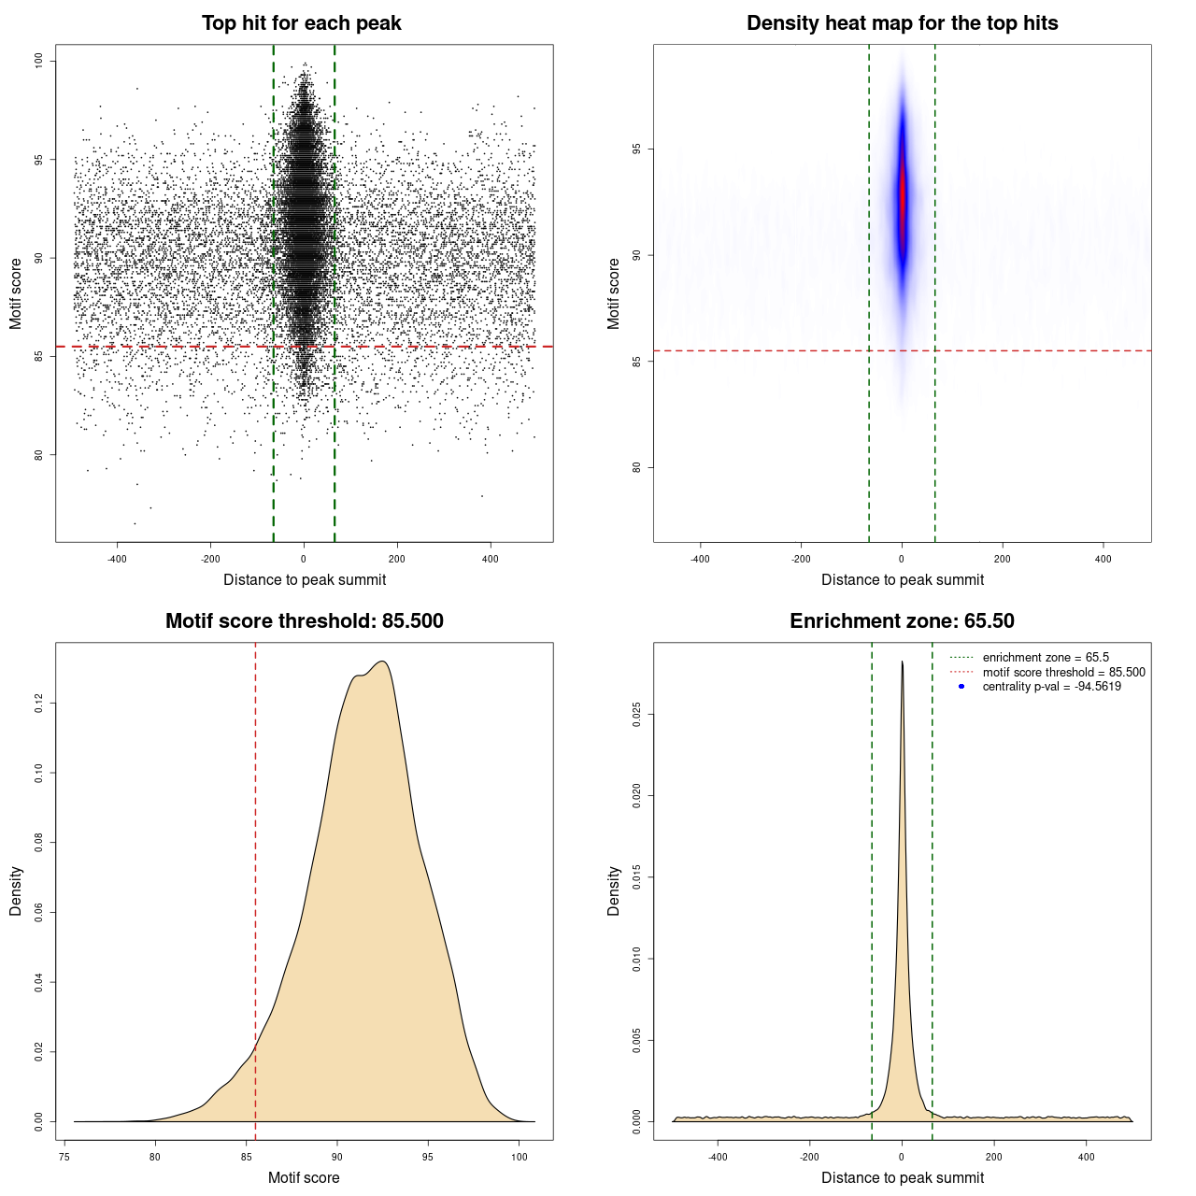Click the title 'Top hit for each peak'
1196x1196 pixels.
[301, 23]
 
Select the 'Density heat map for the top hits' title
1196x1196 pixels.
[902, 23]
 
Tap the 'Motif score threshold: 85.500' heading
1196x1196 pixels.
[304, 621]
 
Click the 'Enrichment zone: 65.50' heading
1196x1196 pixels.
[902, 621]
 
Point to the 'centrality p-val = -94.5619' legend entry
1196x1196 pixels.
[1051, 687]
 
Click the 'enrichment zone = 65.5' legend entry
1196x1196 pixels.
[1046, 658]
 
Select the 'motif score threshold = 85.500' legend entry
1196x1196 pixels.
[1063, 672]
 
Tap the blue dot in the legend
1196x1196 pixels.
[961, 687]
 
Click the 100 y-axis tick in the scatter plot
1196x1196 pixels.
[39, 61]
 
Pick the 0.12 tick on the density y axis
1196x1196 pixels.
[39, 703]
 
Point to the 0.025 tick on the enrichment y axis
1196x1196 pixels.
[637, 716]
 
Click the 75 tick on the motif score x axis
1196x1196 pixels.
[64, 1157]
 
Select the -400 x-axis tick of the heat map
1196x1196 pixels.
[700, 559]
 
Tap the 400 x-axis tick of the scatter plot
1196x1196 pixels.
[490, 559]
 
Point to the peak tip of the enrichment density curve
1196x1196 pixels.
[902, 662]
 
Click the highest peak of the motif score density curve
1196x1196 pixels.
[382, 662]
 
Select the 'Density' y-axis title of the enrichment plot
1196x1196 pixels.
[614, 890]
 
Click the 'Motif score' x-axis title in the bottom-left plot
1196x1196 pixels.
[304, 1177]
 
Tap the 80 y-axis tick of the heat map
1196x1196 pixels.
[637, 467]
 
